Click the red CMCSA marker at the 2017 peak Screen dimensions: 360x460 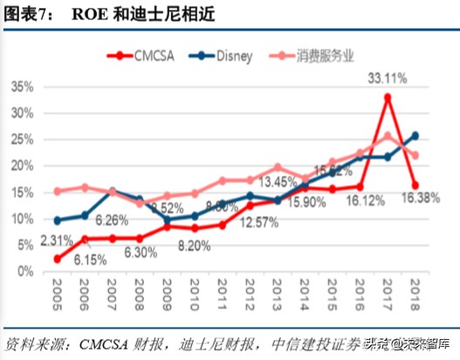(x=388, y=97)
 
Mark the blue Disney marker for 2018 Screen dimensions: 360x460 (x=415, y=135)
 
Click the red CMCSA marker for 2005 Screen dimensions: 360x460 (x=57, y=259)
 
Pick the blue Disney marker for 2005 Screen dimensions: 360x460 (x=57, y=220)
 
